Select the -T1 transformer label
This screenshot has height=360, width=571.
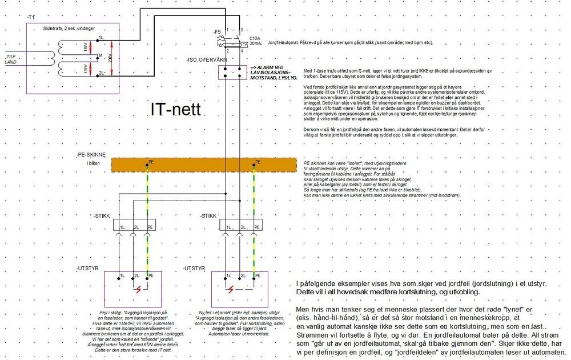[x=31, y=18]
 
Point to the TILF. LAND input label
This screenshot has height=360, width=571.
[x=10, y=58]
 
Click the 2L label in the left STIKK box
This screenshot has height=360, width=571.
[x=136, y=227]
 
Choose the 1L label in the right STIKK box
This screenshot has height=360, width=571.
[x=227, y=227]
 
